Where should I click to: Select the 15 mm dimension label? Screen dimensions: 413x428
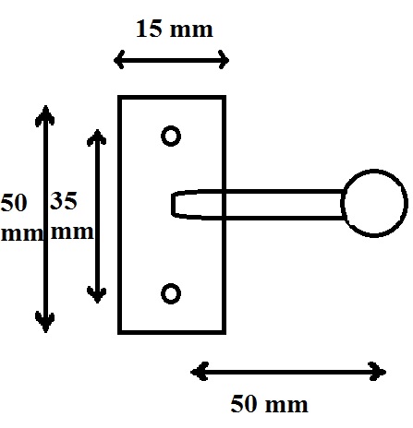(x=175, y=29)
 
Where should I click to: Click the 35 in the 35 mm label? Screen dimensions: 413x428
(x=63, y=201)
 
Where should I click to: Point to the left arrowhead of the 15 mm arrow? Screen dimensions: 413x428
(x=119, y=60)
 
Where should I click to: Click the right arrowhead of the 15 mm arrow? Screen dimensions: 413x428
(x=224, y=60)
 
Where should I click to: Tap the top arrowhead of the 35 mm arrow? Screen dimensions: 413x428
(x=97, y=137)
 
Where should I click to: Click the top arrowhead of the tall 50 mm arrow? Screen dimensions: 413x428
(x=45, y=114)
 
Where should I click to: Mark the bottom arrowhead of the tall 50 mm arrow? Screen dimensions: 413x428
(x=45, y=322)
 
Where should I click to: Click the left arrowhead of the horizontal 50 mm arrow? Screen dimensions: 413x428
(x=200, y=372)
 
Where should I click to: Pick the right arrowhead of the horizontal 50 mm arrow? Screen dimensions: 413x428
(x=377, y=372)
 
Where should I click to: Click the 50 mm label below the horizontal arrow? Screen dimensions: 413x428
(x=269, y=404)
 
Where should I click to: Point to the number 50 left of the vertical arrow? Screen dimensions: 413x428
(x=14, y=203)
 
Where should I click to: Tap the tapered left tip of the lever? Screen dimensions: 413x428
(x=173, y=205)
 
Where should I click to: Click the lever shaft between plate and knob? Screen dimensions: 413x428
(x=284, y=205)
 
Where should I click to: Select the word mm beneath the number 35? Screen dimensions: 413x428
(x=72, y=232)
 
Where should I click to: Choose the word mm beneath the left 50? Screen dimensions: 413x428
(x=21, y=233)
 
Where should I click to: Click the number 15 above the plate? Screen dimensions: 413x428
(x=149, y=29)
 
